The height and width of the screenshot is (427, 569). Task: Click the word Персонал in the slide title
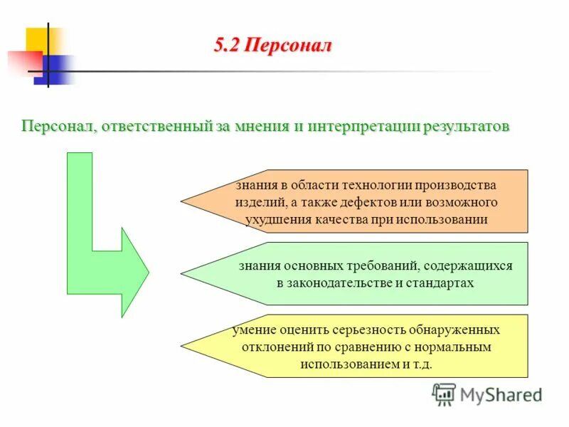(288, 46)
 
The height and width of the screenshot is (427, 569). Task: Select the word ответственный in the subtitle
(156, 127)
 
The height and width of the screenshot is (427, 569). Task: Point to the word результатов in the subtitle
(467, 127)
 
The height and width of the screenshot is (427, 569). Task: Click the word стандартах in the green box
(440, 283)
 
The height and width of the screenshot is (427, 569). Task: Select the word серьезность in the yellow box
(375, 330)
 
